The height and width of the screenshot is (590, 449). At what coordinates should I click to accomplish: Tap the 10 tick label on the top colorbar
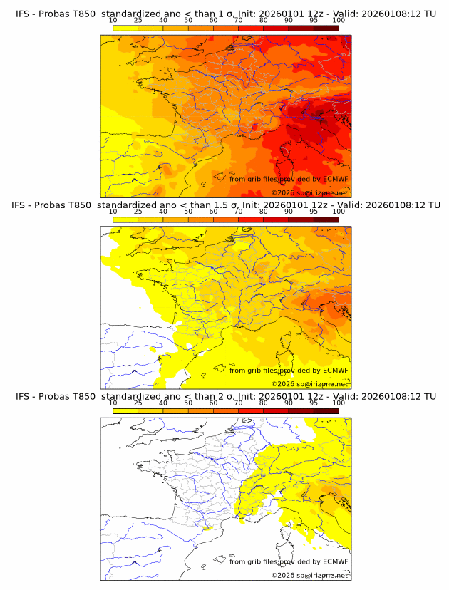[113, 21]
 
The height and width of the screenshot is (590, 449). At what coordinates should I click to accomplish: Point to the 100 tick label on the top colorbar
[339, 21]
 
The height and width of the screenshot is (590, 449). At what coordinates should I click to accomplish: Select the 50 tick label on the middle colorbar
[188, 212]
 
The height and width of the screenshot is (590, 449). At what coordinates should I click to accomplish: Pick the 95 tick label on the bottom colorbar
[314, 403]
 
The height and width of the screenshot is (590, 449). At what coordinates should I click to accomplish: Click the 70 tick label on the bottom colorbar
[238, 403]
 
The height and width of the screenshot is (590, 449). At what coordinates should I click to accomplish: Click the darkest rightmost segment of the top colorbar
[326, 29]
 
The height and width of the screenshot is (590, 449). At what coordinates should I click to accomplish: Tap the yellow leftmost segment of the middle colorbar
[125, 219]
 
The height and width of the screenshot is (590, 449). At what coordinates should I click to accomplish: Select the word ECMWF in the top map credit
[335, 180]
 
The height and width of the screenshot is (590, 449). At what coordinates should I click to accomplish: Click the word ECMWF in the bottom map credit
[335, 561]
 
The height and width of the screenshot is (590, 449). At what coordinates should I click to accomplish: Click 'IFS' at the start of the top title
[23, 14]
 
